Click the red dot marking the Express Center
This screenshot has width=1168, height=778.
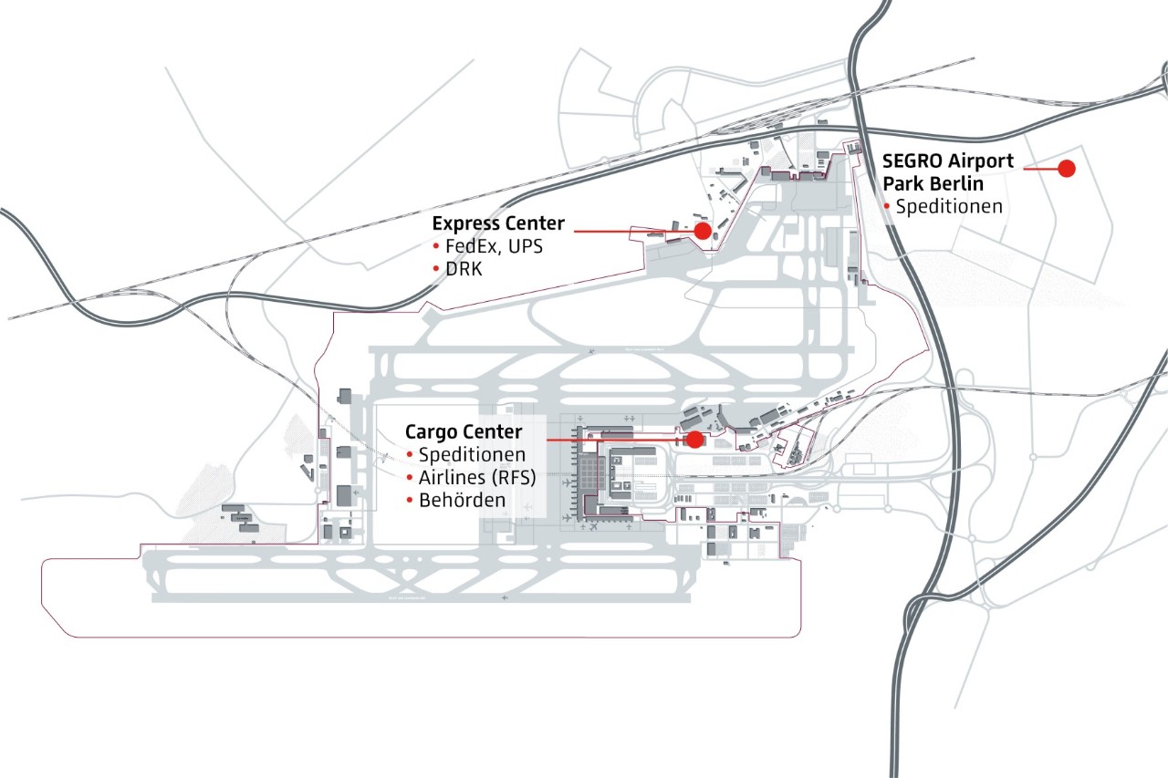coord(703,232)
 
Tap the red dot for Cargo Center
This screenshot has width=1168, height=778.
coord(694,440)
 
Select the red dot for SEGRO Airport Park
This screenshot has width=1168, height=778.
coord(1065,169)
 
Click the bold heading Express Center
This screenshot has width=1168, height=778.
coord(498,223)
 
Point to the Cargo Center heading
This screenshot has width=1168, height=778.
coord(464,431)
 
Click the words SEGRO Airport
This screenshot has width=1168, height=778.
coord(947,161)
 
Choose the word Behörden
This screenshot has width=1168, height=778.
coord(462,500)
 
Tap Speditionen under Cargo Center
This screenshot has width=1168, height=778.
coord(472,454)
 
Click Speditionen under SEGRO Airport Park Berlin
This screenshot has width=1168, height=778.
coord(949,207)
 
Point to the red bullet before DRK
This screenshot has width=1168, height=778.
coord(436,271)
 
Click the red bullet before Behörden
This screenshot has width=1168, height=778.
coord(411,501)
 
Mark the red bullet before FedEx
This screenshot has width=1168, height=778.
coord(436,248)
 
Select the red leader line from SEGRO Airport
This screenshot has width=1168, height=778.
coord(1039,169)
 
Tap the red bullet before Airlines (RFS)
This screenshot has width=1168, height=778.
coord(411,478)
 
